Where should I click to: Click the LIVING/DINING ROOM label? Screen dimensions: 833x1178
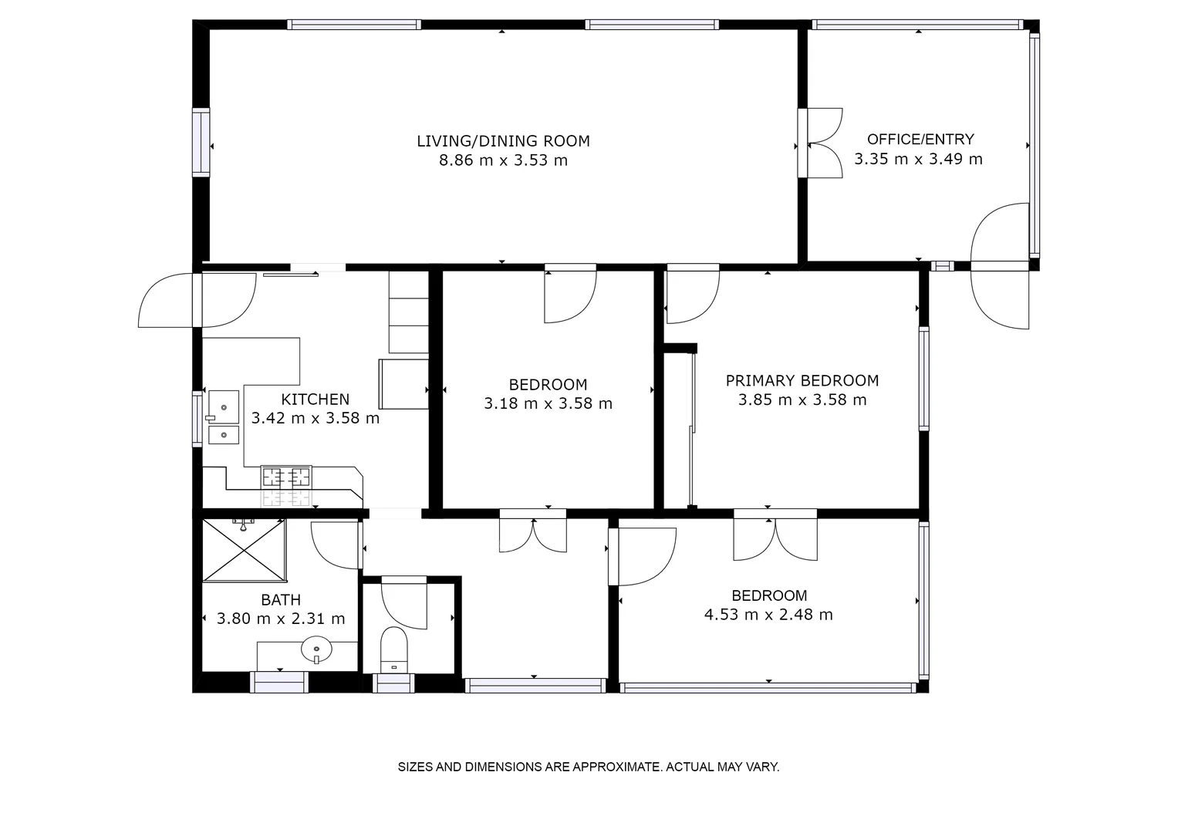point(503,141)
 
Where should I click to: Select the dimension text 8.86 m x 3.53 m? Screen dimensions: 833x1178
point(503,160)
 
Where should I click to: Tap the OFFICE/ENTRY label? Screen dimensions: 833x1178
point(920,140)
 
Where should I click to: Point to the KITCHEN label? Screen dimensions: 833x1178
point(315,400)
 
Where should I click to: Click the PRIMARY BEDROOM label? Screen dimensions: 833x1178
point(802,380)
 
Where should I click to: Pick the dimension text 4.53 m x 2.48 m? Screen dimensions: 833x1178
point(768,615)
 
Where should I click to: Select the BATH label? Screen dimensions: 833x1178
point(281,600)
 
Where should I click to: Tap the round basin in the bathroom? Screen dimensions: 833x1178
point(316,650)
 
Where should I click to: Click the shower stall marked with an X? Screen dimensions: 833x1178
point(243,550)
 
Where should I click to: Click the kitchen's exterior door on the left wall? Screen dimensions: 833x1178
point(197,300)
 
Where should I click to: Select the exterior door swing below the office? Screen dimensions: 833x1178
point(1001,297)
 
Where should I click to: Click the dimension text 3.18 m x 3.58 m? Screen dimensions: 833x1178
point(548,403)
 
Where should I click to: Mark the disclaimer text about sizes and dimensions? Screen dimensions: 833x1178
point(588,767)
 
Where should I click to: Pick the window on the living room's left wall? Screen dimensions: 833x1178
point(201,143)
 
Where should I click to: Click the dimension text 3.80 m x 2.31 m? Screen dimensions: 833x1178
point(281,619)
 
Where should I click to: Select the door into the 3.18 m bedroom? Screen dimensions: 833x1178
point(570,293)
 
